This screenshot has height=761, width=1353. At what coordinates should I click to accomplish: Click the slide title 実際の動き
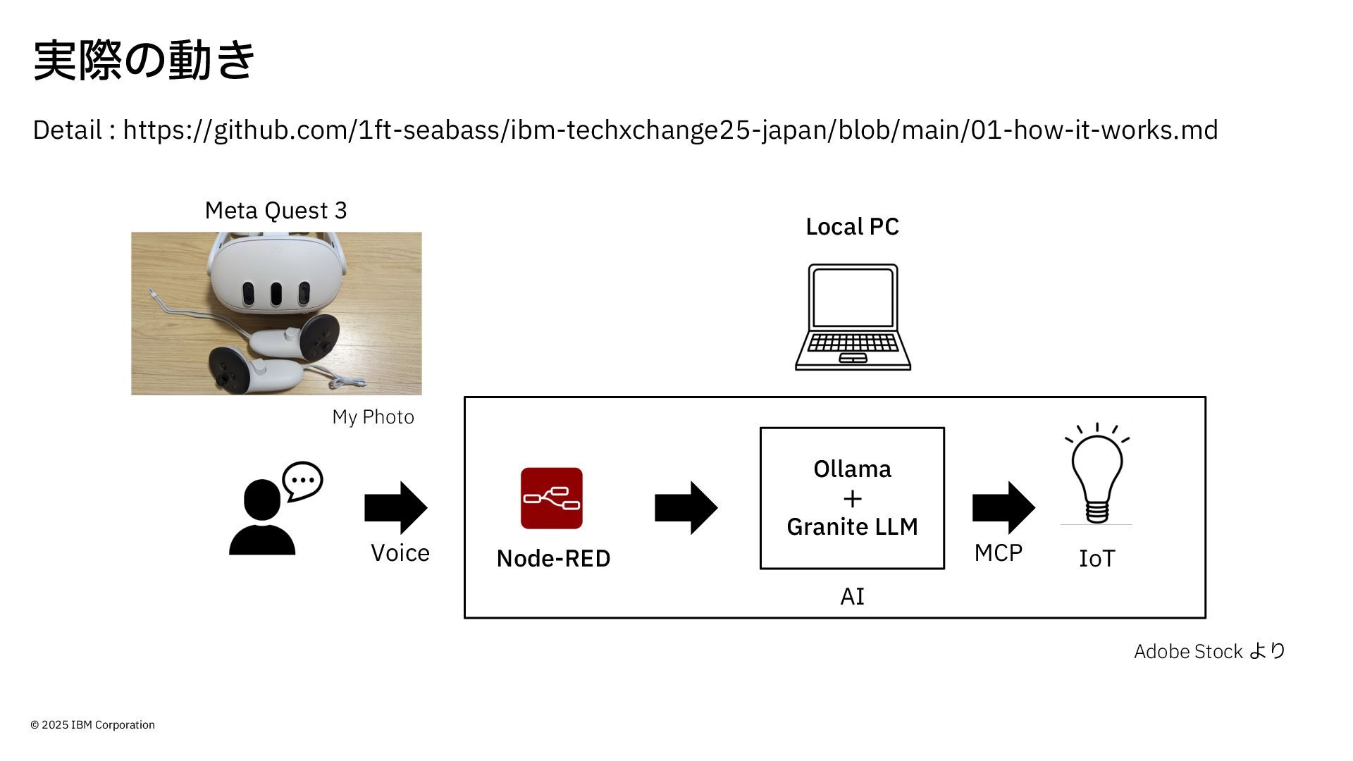(144, 60)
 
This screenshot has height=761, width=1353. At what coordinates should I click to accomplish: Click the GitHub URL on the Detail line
(670, 130)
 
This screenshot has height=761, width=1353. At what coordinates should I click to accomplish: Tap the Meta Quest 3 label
(276, 211)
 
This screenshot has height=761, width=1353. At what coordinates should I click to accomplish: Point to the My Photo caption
(373, 417)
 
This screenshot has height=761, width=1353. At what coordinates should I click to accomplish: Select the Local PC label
(852, 227)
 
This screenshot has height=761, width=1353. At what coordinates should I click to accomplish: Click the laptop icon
(853, 317)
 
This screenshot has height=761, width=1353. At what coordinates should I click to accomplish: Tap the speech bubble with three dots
(302, 481)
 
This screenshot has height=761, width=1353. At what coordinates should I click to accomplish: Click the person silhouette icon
(262, 517)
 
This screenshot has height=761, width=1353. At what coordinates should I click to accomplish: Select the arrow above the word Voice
(396, 507)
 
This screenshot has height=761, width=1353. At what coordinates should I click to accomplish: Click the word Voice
(400, 553)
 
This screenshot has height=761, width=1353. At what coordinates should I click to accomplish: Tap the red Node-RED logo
(552, 498)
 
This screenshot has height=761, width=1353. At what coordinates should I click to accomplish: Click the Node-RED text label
(553, 559)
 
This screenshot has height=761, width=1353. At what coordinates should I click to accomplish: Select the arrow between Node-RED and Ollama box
(686, 507)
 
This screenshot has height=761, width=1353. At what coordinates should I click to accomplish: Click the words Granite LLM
(852, 527)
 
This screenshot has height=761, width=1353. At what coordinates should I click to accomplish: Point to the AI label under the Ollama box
(852, 597)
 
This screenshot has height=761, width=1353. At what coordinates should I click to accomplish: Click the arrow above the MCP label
(1004, 507)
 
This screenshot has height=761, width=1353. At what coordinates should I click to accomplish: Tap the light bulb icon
(1097, 474)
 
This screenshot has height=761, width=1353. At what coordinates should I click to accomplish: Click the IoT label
(1097, 559)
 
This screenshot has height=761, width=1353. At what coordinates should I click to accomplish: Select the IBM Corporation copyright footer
(92, 725)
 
